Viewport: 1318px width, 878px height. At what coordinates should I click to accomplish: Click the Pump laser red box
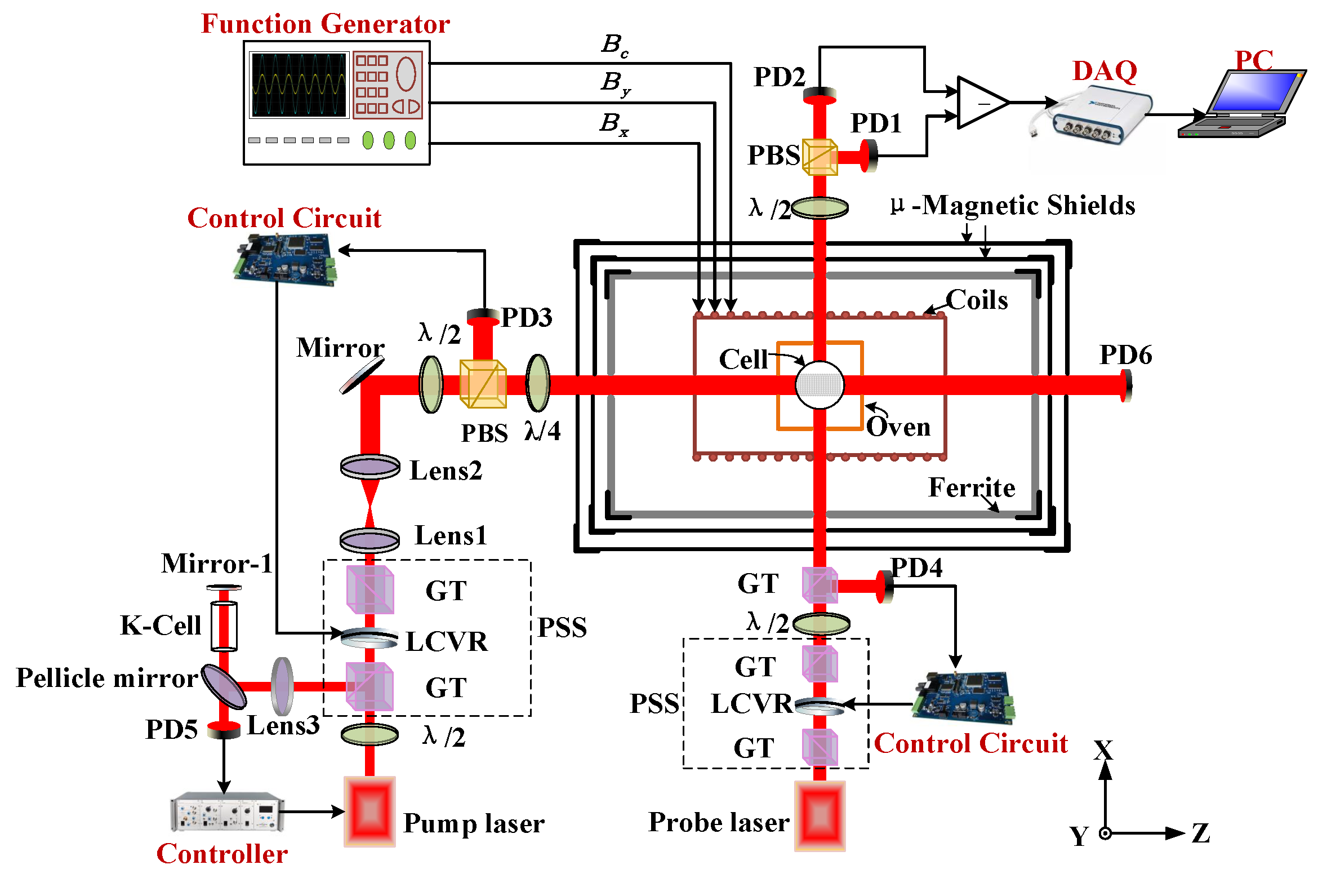pyautogui.click(x=369, y=811)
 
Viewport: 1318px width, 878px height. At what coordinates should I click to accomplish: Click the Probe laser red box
pyautogui.click(x=820, y=815)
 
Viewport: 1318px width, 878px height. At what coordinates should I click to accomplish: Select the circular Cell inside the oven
pyautogui.click(x=820, y=385)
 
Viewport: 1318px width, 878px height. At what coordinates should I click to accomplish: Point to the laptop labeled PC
pyautogui.click(x=1245, y=104)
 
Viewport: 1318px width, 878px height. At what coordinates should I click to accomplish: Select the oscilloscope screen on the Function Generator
pyautogui.click(x=299, y=85)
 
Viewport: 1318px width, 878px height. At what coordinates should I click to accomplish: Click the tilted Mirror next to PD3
pyautogui.click(x=362, y=376)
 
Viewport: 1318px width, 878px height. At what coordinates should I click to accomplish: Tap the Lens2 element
pyautogui.click(x=369, y=467)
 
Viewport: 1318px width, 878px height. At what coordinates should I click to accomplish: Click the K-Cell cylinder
pyautogui.click(x=224, y=626)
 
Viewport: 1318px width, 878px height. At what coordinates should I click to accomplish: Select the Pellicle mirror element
pyautogui.click(x=224, y=686)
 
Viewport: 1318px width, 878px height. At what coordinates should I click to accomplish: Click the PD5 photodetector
pyautogui.click(x=224, y=731)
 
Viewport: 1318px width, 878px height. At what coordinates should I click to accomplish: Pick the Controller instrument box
pyautogui.click(x=226, y=812)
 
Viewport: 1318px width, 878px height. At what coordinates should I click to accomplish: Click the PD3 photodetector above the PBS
pyautogui.click(x=483, y=314)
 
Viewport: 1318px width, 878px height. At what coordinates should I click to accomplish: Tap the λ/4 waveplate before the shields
pyautogui.click(x=537, y=383)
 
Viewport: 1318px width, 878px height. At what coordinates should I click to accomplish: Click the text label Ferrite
pyautogui.click(x=971, y=487)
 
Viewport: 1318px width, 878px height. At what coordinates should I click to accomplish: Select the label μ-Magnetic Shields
pyautogui.click(x=1013, y=205)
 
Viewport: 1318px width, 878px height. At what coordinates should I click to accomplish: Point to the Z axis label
pyautogui.click(x=1201, y=833)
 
